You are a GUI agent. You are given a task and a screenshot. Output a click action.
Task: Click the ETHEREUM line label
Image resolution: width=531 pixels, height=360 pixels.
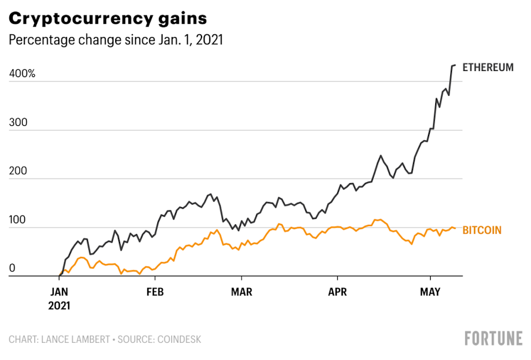pyautogui.click(x=488, y=68)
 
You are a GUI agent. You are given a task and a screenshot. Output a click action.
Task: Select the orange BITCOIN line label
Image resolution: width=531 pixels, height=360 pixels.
pyautogui.click(x=482, y=230)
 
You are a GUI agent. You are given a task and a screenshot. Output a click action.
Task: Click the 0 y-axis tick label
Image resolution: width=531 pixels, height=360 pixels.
pyautogui.click(x=12, y=268)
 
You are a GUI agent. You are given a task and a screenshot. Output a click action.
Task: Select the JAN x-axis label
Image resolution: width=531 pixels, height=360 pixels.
pyautogui.click(x=59, y=292)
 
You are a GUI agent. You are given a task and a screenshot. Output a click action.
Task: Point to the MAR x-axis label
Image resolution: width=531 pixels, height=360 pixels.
pyautogui.click(x=241, y=292)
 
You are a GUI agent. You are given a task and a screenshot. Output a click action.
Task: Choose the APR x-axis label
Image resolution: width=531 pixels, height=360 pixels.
pyautogui.click(x=337, y=292)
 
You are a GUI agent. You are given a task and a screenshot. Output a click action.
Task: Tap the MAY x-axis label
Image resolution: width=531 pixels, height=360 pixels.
pyautogui.click(x=430, y=292)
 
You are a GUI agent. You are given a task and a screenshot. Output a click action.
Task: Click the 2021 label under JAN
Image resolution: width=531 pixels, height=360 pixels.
pyautogui.click(x=59, y=305)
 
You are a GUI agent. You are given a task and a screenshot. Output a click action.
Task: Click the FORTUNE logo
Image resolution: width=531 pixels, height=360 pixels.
pyautogui.click(x=493, y=338)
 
